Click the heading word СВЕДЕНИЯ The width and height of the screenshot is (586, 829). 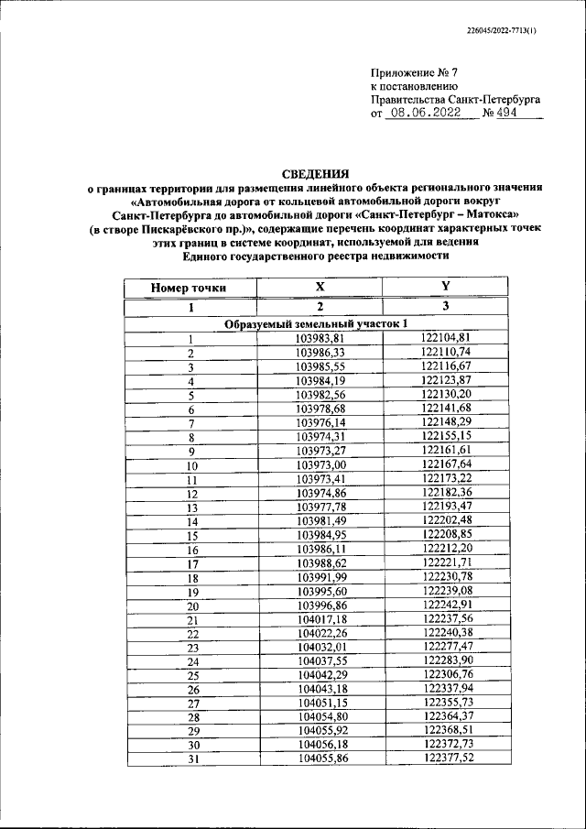point(315,172)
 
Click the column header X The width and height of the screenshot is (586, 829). point(320,288)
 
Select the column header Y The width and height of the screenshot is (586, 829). point(445,288)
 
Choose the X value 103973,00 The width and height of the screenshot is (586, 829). point(320,464)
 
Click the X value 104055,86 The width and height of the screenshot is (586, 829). point(320,758)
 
